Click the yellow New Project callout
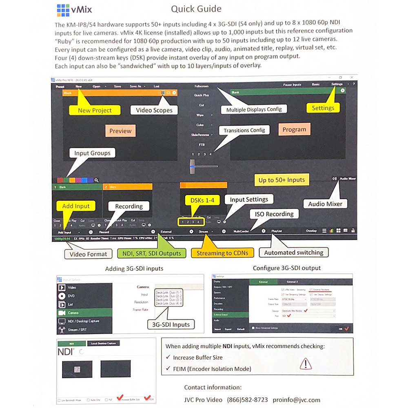[95, 110]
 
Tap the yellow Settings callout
[323, 108]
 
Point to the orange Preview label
[120, 131]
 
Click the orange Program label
[294, 129]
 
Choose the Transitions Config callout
[244, 130]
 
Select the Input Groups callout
[92, 153]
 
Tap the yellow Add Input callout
[76, 206]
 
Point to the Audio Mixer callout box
[326, 204]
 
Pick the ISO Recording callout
[274, 214]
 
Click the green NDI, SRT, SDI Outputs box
[151, 253]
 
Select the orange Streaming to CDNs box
[222, 253]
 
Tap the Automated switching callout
[293, 253]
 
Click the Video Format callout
[88, 254]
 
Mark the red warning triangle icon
[306, 363]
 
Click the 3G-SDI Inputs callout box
[171, 325]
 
